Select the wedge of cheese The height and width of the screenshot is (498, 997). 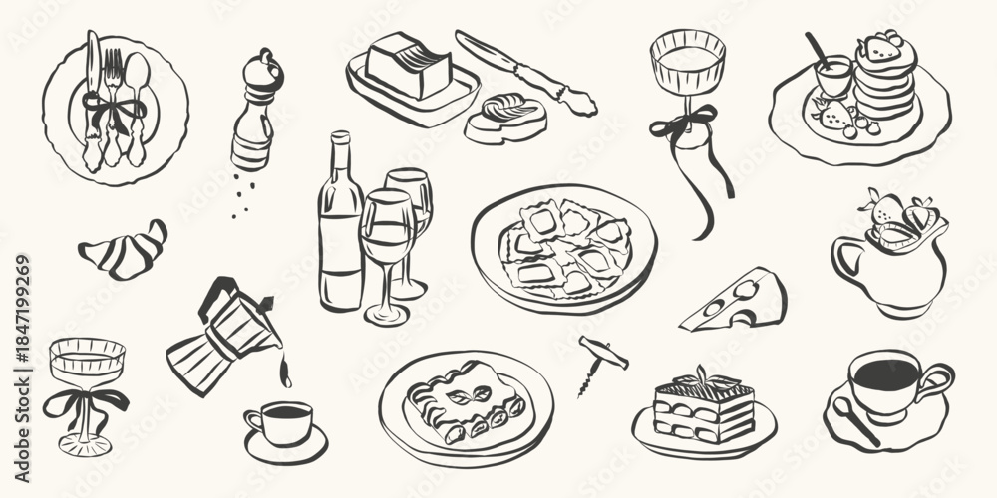tap(738, 299)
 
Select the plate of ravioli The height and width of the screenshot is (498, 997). tap(565, 249)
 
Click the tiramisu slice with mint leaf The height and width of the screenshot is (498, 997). tap(702, 403)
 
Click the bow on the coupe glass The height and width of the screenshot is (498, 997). tap(88, 400)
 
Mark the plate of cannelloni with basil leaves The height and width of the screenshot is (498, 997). tap(466, 403)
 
